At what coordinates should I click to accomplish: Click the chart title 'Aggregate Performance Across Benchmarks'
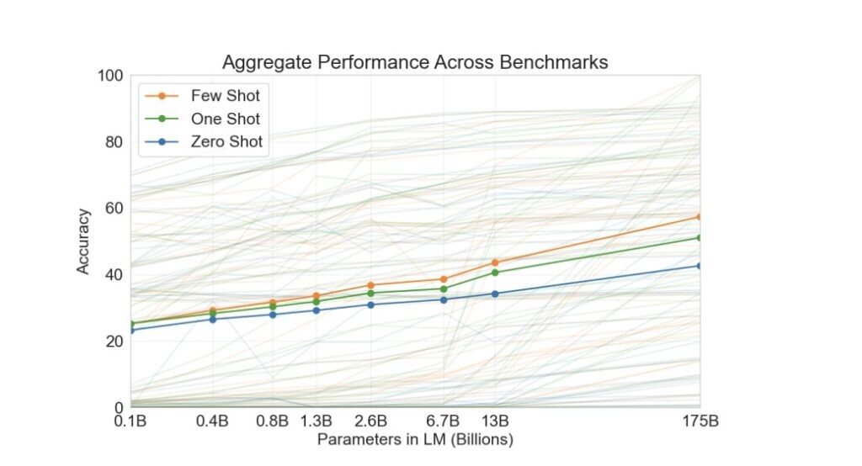[414, 62]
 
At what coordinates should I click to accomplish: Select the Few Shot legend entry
[225, 96]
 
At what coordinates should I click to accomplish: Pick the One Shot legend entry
[225, 119]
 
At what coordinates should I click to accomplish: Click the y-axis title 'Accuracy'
[83, 241]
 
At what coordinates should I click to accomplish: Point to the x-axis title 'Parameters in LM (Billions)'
[415, 439]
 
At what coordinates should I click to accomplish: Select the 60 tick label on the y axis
[114, 209]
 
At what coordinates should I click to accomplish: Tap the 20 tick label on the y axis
[114, 341]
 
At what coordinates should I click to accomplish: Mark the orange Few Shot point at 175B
[699, 217]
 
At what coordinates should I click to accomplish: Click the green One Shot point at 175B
[699, 238]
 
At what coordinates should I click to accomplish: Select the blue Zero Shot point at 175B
[699, 266]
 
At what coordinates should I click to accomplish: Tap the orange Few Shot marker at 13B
[495, 262]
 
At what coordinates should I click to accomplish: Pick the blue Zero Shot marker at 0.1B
[130, 330]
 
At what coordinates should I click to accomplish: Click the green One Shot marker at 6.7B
[443, 289]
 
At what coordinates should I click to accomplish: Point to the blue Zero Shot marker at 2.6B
[370, 304]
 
